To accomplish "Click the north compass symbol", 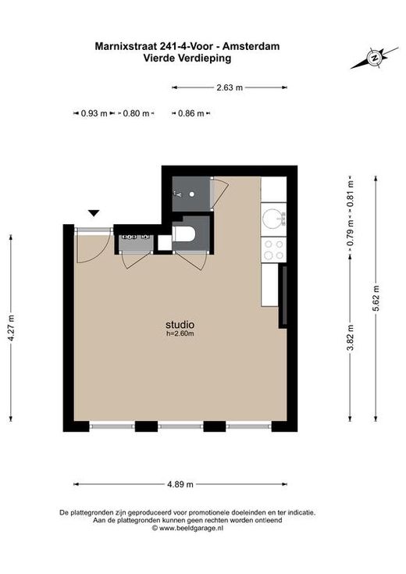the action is coord(374,58).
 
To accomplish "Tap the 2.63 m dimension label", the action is coord(230,87).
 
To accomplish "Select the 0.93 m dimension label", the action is coord(94,113).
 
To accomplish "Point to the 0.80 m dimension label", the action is coord(136,113).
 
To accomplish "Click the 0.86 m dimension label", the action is coord(191,113).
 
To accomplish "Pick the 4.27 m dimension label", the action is coord(12,328).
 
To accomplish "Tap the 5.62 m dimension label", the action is coord(376,298).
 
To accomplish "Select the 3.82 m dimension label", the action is coord(351,337).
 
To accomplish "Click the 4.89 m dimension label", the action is coord(180,484).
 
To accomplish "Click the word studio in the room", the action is coord(180,325).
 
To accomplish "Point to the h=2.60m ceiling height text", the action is coord(180,333).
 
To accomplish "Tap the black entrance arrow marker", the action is coord(94,213).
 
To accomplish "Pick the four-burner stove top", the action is coord(274,250).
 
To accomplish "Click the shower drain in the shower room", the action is coord(191,194).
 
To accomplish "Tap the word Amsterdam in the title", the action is coord(251,46).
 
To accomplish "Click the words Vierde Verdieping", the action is coord(187,58).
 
